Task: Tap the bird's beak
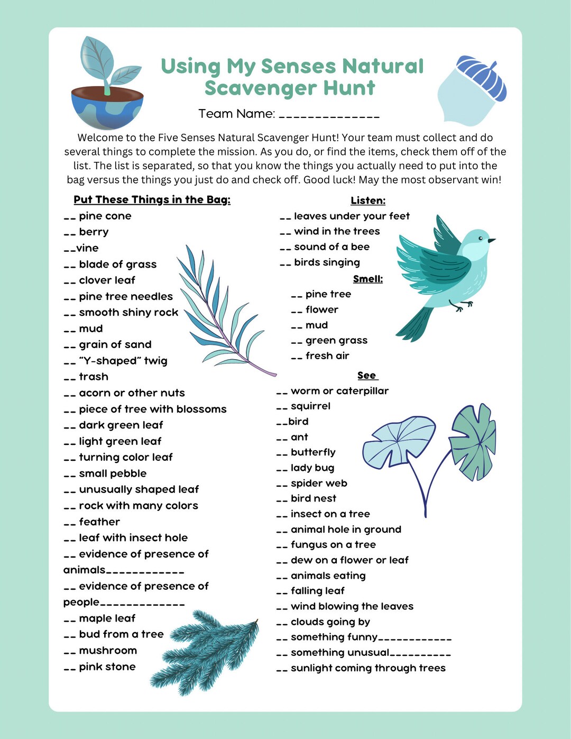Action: point(492,240)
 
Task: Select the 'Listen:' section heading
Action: point(368,200)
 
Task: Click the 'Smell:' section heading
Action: point(368,279)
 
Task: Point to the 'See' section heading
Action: point(367,375)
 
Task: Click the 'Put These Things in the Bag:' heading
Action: point(152,199)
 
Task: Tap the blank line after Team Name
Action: point(329,115)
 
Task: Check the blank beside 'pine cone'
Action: point(70,217)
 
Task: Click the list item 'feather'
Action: point(99,522)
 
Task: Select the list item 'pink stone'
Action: point(107,667)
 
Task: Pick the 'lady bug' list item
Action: point(312,468)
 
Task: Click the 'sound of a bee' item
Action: point(331,247)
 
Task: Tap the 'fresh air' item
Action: point(327,356)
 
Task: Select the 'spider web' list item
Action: point(319,483)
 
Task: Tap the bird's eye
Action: point(481,238)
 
